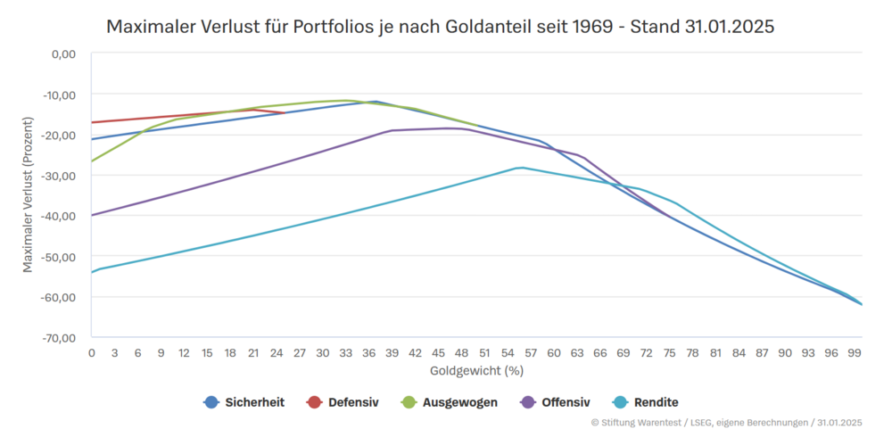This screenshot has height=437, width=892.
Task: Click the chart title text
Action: [x=440, y=27]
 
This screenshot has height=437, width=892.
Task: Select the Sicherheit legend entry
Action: [x=244, y=402]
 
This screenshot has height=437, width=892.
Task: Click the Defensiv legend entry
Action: [x=343, y=402]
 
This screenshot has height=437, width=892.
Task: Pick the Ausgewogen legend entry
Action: [x=450, y=402]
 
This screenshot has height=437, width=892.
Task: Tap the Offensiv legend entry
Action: [x=554, y=402]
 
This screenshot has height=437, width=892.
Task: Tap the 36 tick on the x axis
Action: [x=368, y=353]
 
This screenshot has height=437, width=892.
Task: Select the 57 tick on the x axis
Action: [x=531, y=353]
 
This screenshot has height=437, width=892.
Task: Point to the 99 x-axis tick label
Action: [x=855, y=353]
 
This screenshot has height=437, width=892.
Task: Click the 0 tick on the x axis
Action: [x=91, y=353]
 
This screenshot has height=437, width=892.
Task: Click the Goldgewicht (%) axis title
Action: [x=475, y=369]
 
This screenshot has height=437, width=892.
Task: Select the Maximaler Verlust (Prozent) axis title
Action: [x=28, y=195]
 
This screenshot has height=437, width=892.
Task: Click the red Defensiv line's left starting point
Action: [x=92, y=122]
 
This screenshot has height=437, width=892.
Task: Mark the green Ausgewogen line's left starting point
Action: [x=92, y=161]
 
